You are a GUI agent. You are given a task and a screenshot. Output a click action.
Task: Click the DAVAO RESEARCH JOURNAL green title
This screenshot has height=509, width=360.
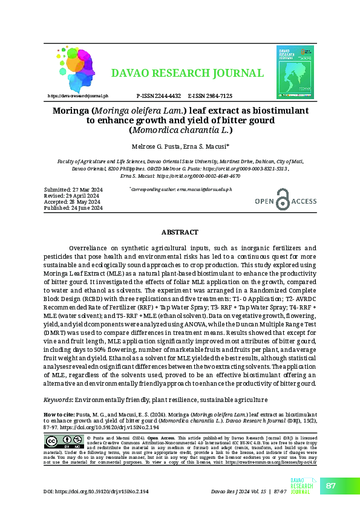(187, 74)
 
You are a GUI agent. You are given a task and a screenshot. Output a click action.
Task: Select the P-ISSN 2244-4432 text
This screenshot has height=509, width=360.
(159, 96)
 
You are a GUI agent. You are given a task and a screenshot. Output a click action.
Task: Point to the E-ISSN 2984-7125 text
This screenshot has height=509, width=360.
(210, 96)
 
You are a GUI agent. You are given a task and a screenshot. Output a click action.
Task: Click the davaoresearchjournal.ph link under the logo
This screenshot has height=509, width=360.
(77, 96)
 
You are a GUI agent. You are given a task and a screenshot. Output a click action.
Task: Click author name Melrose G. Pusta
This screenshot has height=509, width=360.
(156, 147)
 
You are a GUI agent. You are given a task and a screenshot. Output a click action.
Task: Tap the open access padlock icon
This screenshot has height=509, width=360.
(282, 200)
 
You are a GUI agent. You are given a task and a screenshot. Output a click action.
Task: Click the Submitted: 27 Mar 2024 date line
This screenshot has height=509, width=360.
(74, 190)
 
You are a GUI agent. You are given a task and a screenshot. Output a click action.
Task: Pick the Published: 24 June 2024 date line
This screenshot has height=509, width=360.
(74, 208)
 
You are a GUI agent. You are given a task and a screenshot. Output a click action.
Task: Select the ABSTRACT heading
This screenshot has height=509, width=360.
(180, 232)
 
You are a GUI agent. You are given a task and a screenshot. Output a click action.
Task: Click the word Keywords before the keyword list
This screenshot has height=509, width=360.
(59, 400)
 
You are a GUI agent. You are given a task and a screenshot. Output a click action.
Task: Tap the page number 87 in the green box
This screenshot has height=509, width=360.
(331, 486)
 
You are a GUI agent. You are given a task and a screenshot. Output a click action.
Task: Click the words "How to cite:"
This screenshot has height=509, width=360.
(59, 415)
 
